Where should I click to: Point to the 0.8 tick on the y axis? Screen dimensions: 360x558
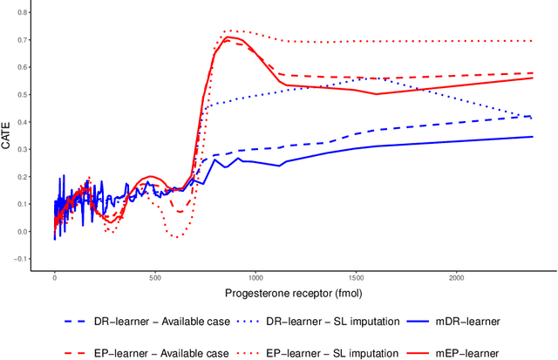coord(24,13)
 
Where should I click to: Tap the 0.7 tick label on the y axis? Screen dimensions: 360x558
coord(24,40)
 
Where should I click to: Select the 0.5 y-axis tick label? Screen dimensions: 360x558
coord(24,95)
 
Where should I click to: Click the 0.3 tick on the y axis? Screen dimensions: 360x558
coord(24,150)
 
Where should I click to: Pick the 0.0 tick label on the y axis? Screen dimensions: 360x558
coord(24,232)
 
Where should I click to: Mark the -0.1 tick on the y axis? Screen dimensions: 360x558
coord(22,259)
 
